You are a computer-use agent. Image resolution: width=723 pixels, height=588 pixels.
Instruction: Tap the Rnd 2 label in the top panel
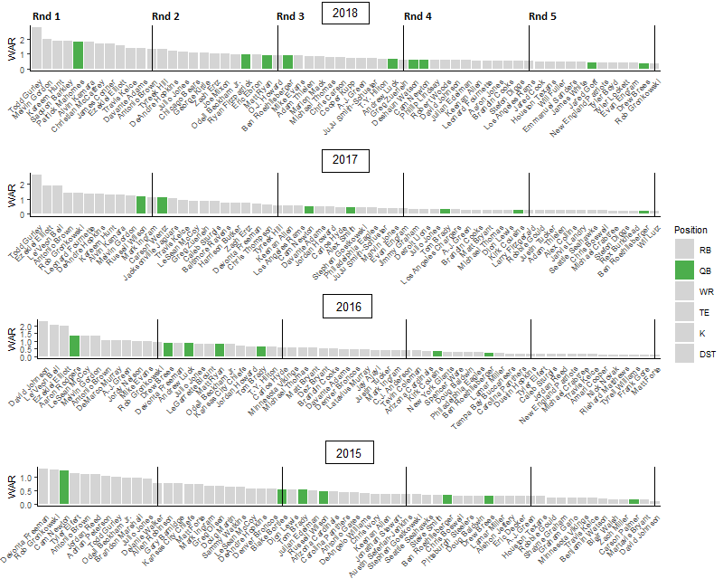[x=164, y=17]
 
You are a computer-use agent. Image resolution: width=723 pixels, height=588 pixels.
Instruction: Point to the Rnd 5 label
[x=542, y=17]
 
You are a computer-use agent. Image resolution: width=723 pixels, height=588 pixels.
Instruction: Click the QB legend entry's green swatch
[x=684, y=270]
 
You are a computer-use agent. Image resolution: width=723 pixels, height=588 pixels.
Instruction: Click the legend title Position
[x=690, y=230]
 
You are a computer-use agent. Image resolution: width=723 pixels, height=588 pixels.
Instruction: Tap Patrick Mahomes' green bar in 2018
[x=78, y=55]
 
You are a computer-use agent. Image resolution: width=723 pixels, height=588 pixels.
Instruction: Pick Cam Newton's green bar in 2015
[x=64, y=487]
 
